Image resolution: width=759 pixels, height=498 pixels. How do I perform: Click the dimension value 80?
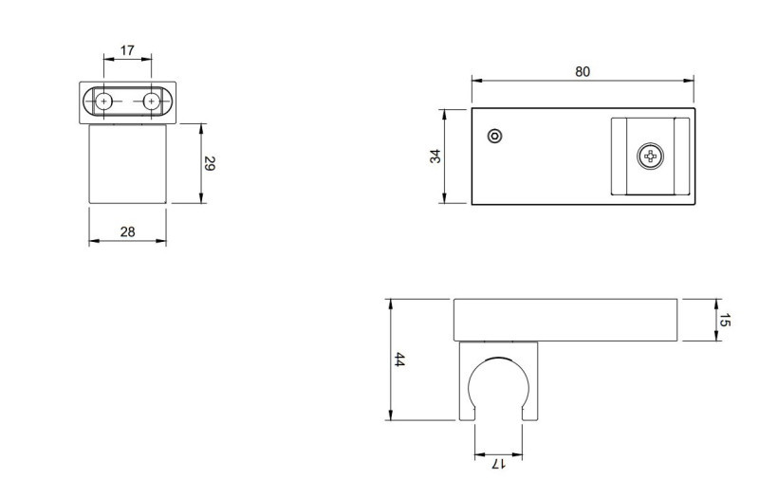tap(583, 71)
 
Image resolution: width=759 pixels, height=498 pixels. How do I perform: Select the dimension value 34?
tap(435, 156)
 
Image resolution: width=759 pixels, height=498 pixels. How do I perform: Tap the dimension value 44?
tap(399, 360)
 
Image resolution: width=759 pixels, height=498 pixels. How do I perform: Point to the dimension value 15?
tap(725, 321)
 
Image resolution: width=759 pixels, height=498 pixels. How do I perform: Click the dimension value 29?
tap(211, 163)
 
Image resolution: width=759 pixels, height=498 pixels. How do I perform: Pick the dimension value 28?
tap(127, 231)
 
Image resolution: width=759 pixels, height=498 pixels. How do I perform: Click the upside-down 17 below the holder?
tap(498, 464)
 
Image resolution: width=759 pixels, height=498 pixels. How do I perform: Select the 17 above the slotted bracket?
tap(127, 48)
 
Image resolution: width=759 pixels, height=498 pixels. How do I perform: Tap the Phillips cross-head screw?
tap(651, 156)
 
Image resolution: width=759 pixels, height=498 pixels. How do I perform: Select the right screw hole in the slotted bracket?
tap(151, 101)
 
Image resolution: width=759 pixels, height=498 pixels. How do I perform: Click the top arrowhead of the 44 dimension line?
tap(389, 303)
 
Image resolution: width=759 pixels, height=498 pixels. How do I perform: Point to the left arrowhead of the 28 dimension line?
tap(92, 242)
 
